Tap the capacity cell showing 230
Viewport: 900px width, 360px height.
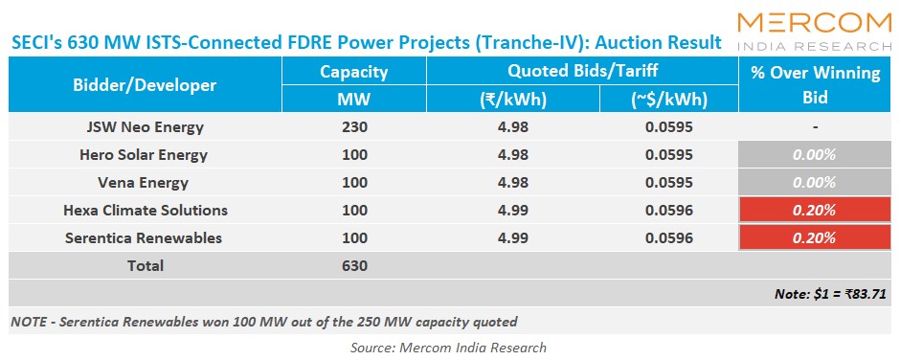pos(353,126)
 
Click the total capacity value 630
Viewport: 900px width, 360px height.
pos(353,265)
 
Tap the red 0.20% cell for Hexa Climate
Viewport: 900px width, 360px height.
pos(814,210)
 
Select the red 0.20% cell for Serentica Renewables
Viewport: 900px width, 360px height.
pos(814,237)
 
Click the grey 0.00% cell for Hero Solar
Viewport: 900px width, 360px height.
pos(814,154)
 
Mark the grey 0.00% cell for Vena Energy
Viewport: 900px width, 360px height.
pos(814,182)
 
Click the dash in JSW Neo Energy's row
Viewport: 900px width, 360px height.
pos(814,126)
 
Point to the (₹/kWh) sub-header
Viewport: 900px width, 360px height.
pos(512,100)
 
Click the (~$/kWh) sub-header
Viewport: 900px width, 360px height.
pos(667,100)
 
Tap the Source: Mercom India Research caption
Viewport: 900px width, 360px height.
pos(450,347)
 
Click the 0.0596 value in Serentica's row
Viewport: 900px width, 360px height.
pos(667,237)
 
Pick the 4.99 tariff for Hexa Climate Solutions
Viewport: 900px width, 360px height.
pos(512,210)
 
